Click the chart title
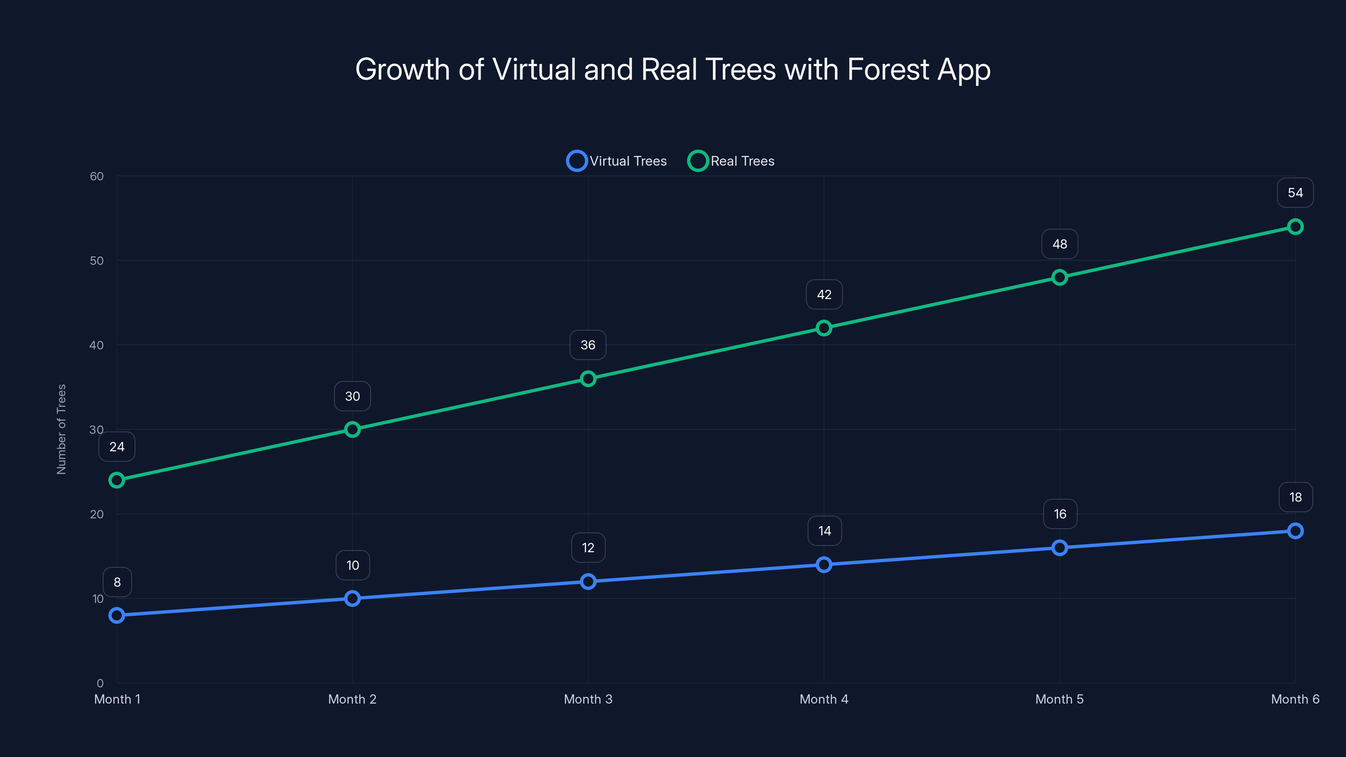(673, 69)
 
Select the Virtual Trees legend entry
(617, 161)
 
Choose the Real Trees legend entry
(731, 161)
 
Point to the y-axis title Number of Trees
(61, 429)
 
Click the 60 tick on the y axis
(97, 176)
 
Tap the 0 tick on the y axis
(100, 683)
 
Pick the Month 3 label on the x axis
(588, 699)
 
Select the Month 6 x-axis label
(1295, 699)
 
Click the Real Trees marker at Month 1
(117, 480)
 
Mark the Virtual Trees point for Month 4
(824, 564)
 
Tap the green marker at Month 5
(1059, 278)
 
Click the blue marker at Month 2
(352, 598)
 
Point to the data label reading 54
(1295, 193)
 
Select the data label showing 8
(117, 582)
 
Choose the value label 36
(588, 345)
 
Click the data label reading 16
(1060, 514)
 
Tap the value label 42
(824, 295)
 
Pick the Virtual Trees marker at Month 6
(1295, 531)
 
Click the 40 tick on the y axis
(97, 345)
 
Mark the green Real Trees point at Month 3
(588, 379)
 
